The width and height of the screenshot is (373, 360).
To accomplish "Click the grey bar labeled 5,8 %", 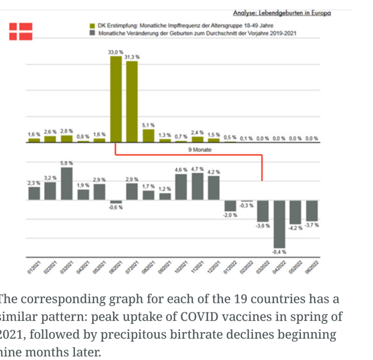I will (67, 183).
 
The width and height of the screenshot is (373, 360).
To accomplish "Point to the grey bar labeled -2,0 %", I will (230, 206).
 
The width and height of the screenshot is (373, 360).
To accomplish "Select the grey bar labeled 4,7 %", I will (197, 186).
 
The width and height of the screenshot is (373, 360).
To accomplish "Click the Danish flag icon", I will (21, 30).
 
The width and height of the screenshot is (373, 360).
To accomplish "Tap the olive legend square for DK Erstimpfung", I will (91, 24).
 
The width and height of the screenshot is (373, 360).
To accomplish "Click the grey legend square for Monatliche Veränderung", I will (91, 33).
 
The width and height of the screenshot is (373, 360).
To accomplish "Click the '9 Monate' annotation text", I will (200, 150).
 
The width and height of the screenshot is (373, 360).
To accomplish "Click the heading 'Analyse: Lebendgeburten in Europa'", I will (282, 12).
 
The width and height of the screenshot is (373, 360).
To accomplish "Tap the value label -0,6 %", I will (116, 207).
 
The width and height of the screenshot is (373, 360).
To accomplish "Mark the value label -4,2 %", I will (295, 228).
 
